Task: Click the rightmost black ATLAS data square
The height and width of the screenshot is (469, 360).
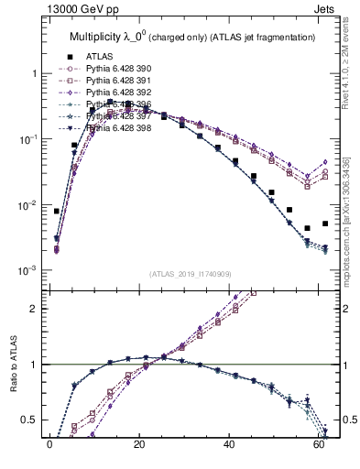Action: [x=325, y=224]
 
